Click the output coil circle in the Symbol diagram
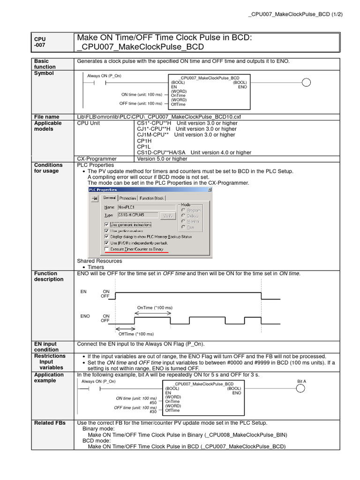(x=306, y=83)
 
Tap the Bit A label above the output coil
(x=301, y=381)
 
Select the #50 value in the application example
(x=153, y=403)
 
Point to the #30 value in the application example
(x=153, y=412)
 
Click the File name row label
(x=46, y=117)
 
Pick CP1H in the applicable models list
(x=144, y=141)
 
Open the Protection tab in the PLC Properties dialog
(x=127, y=198)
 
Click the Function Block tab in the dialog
(x=152, y=198)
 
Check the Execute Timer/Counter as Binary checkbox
(x=107, y=250)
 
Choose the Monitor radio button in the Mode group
(x=183, y=221)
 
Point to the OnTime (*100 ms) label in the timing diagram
(x=154, y=308)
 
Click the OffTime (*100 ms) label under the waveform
(x=136, y=334)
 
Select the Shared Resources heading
(x=99, y=261)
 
